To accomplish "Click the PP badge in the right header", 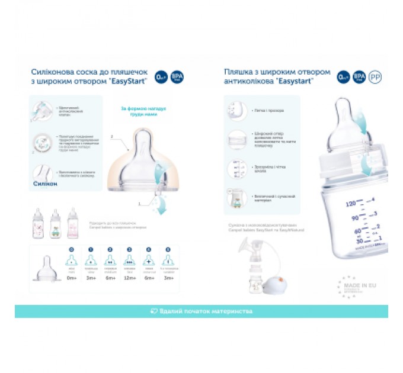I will point(375,77).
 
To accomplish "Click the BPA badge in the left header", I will point(177,77).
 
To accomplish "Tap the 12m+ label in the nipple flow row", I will point(130,278).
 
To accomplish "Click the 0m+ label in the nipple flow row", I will point(72,278).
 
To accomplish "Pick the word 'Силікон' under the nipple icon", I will point(45,184).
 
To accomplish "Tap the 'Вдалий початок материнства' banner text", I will point(201,311).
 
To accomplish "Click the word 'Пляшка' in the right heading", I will point(236,72).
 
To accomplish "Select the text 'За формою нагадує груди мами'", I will point(143,112).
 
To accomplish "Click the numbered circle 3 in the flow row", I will point(130,249).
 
